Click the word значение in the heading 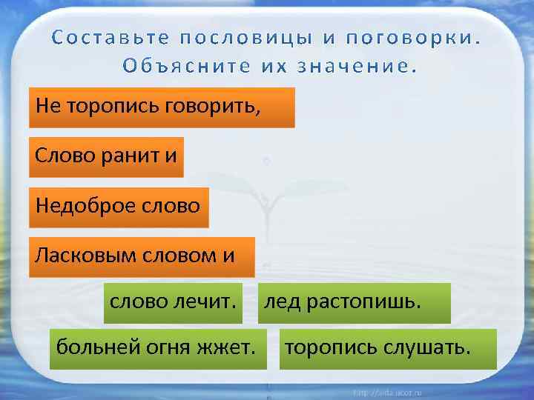[357, 65]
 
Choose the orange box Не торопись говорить [162, 107]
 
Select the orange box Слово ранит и [106, 156]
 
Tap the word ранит [131, 156]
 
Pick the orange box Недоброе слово [119, 206]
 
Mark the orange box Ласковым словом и [142, 256]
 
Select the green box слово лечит [173, 303]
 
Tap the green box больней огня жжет [158, 349]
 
